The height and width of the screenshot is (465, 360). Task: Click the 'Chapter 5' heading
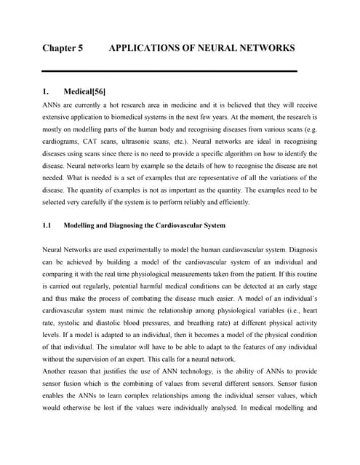pos(63,48)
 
